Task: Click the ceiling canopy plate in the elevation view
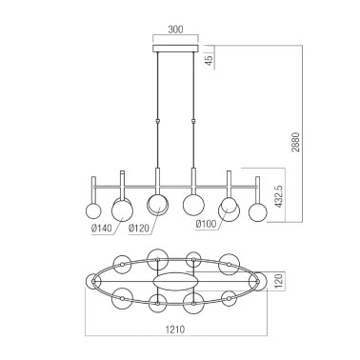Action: (x=175, y=44)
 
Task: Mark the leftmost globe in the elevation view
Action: (x=93, y=211)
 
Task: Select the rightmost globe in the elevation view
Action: (x=255, y=211)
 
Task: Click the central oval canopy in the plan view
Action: (x=175, y=283)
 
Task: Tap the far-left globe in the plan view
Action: (x=94, y=282)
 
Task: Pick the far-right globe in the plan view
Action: (x=255, y=283)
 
